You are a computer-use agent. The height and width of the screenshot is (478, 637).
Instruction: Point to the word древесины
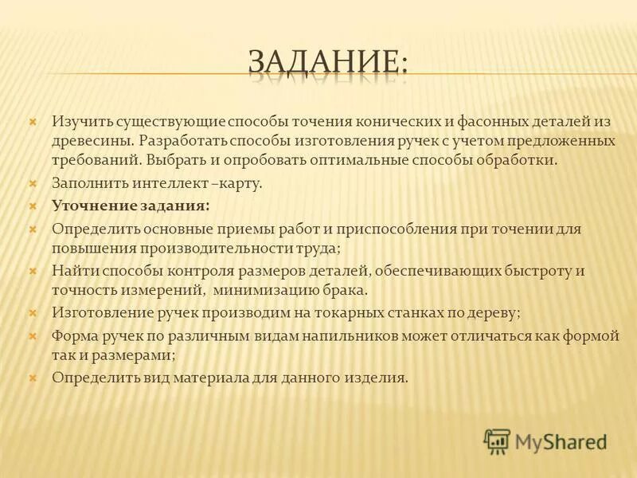[90, 140]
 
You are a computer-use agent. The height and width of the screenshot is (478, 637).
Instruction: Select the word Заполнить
[86, 184]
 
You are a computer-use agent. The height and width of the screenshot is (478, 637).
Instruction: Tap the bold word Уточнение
[94, 206]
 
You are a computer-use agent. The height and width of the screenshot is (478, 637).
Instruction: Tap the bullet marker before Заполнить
[33, 184]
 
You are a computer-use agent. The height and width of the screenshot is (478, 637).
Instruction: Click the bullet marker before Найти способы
[33, 270]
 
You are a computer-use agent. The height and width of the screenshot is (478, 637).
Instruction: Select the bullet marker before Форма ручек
[33, 336]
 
